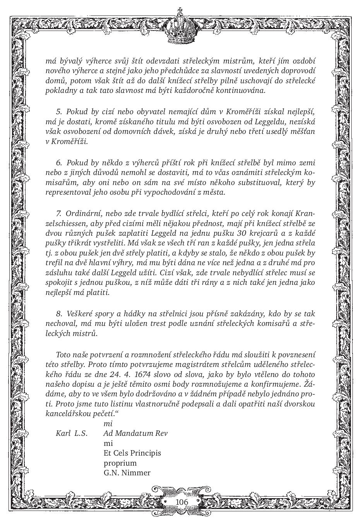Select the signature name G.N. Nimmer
pyautogui.click(x=127, y=473)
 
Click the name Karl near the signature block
pyautogui.click(x=63, y=433)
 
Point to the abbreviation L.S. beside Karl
pyautogui.click(x=81, y=433)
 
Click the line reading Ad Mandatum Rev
pyautogui.click(x=135, y=433)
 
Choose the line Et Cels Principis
pyautogui.click(x=132, y=453)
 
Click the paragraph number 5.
pyautogui.click(x=59, y=112)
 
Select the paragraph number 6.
pyautogui.click(x=59, y=162)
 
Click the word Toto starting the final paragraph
pyautogui.click(x=64, y=354)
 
